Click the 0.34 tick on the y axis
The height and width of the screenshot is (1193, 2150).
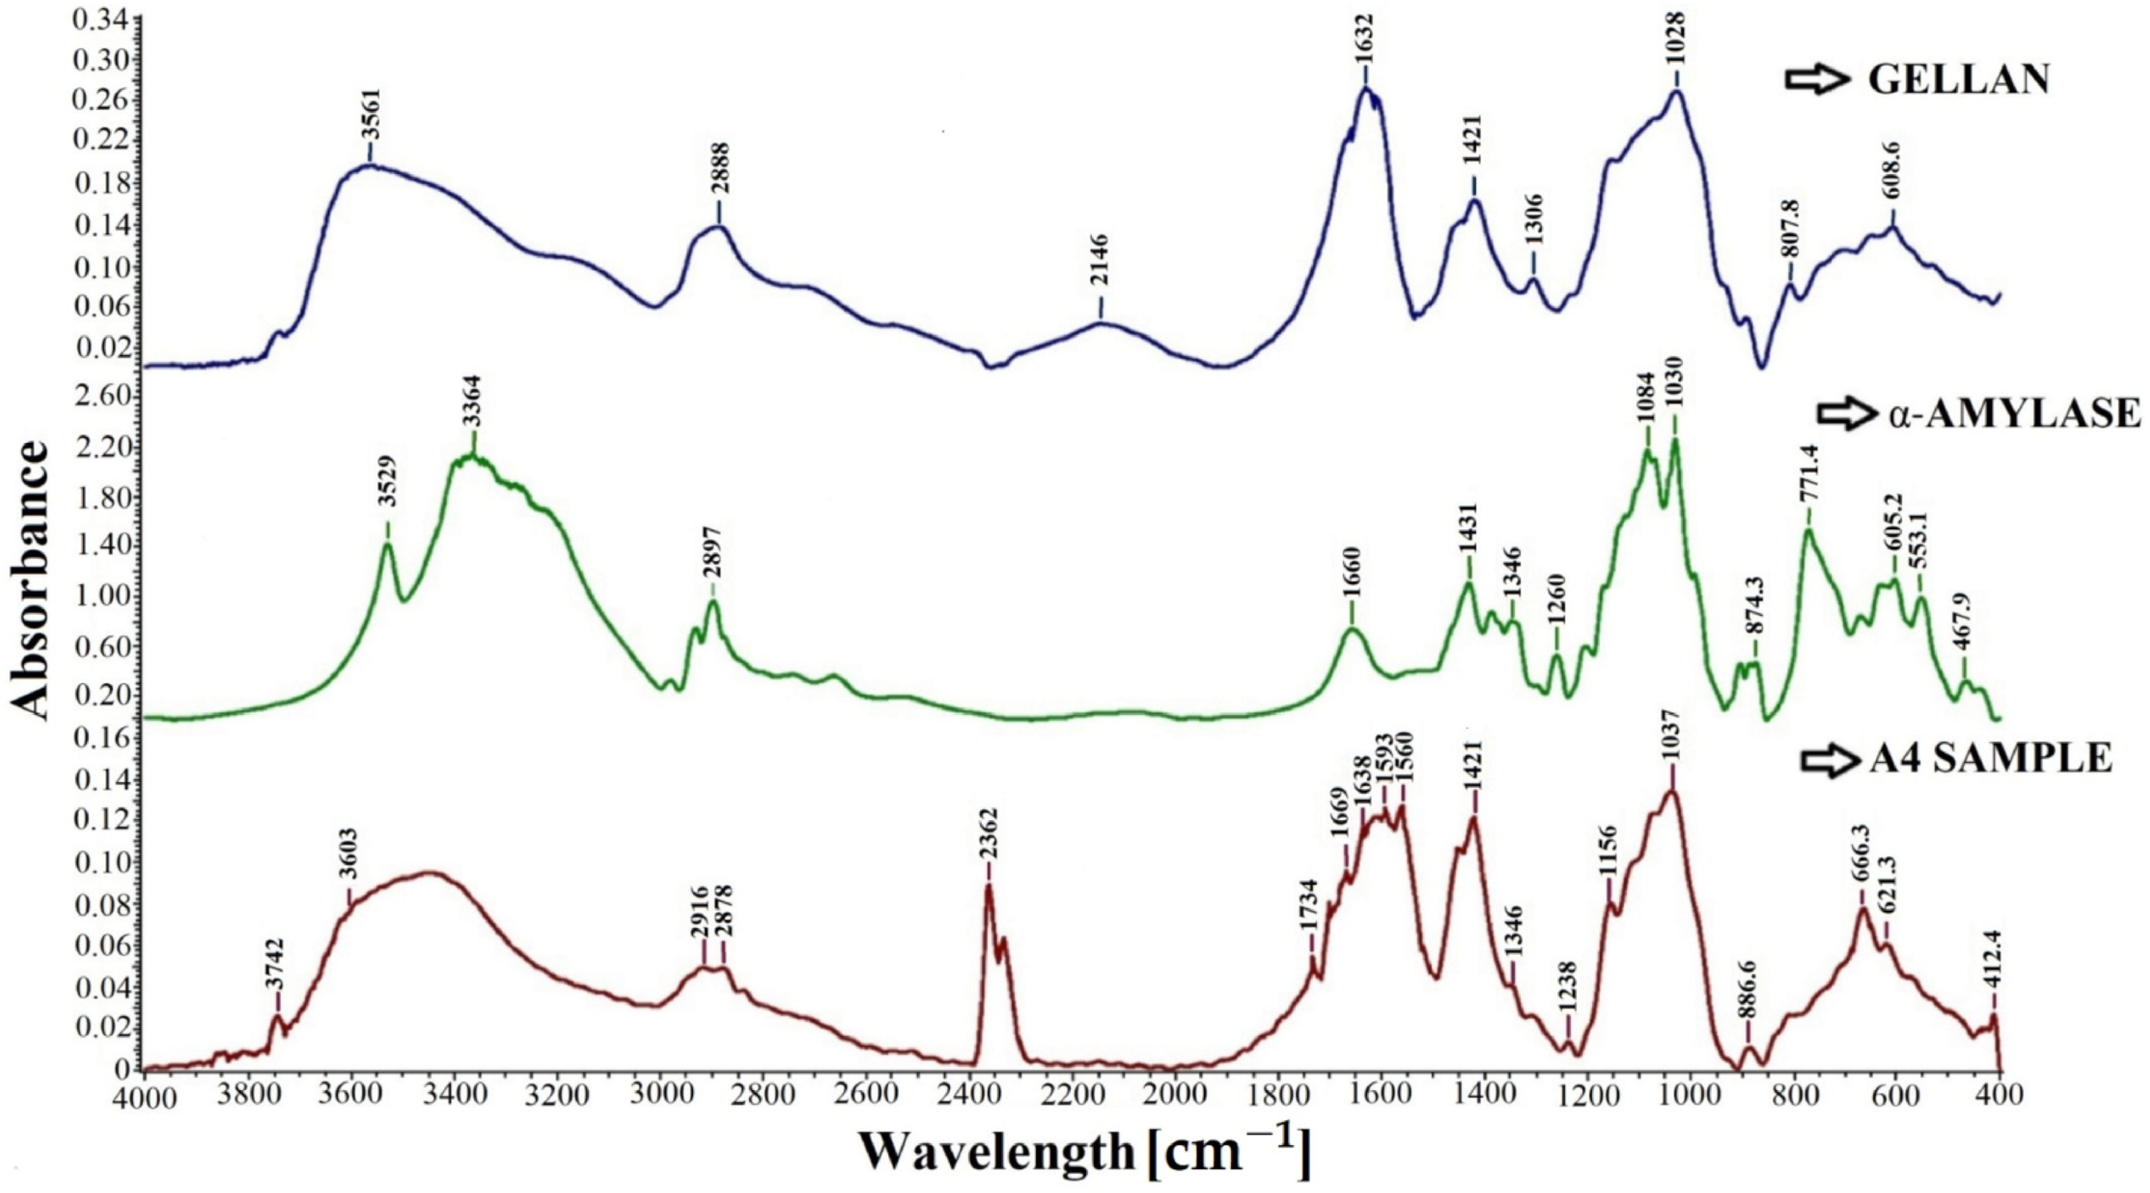96,20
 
